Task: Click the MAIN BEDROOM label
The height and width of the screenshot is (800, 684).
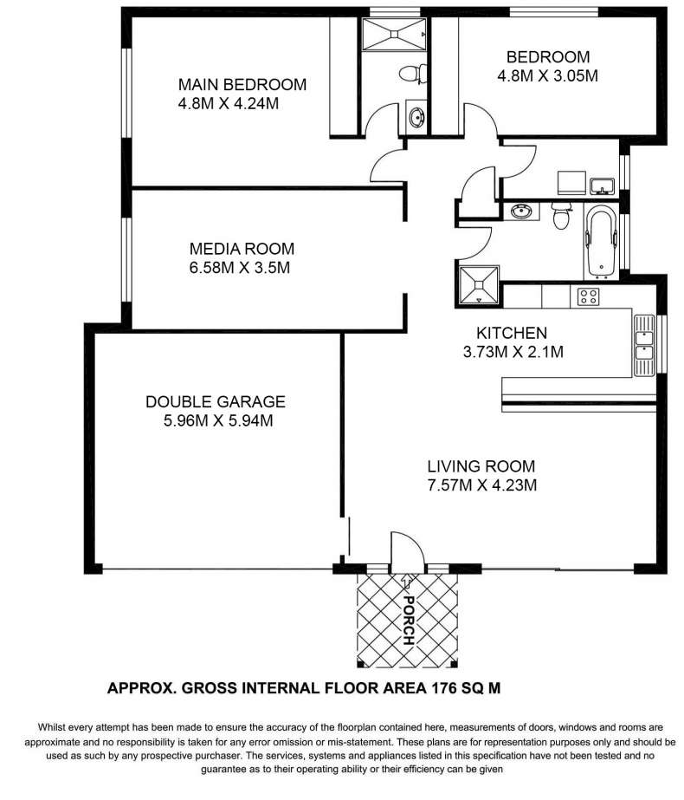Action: pyautogui.click(x=242, y=84)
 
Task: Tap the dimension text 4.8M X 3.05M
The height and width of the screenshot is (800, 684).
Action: pyautogui.click(x=547, y=76)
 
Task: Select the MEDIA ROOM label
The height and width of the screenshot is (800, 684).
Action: pyautogui.click(x=242, y=249)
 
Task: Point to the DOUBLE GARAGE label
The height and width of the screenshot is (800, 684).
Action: pyautogui.click(x=216, y=401)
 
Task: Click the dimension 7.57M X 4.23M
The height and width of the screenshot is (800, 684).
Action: pyautogui.click(x=482, y=485)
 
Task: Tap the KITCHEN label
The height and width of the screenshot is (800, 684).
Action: pyautogui.click(x=512, y=333)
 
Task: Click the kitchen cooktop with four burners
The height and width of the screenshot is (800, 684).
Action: pyautogui.click(x=588, y=296)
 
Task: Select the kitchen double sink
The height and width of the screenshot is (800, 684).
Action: pyautogui.click(x=643, y=346)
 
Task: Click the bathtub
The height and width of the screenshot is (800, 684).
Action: pyautogui.click(x=602, y=242)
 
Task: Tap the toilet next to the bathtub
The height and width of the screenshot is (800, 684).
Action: pyautogui.click(x=561, y=216)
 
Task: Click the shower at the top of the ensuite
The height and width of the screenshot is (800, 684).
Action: pyautogui.click(x=394, y=34)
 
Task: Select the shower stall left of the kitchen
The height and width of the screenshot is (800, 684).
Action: pyautogui.click(x=479, y=286)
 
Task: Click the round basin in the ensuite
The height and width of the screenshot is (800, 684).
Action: pyautogui.click(x=416, y=116)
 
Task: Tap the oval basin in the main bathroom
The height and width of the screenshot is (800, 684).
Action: pyautogui.click(x=522, y=211)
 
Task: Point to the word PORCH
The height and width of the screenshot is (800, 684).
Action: pyautogui.click(x=409, y=620)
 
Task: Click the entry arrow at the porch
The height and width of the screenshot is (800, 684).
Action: pyautogui.click(x=407, y=581)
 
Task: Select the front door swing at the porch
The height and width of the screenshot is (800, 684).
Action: pyautogui.click(x=407, y=550)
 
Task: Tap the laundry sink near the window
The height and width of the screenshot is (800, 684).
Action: pyautogui.click(x=603, y=185)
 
